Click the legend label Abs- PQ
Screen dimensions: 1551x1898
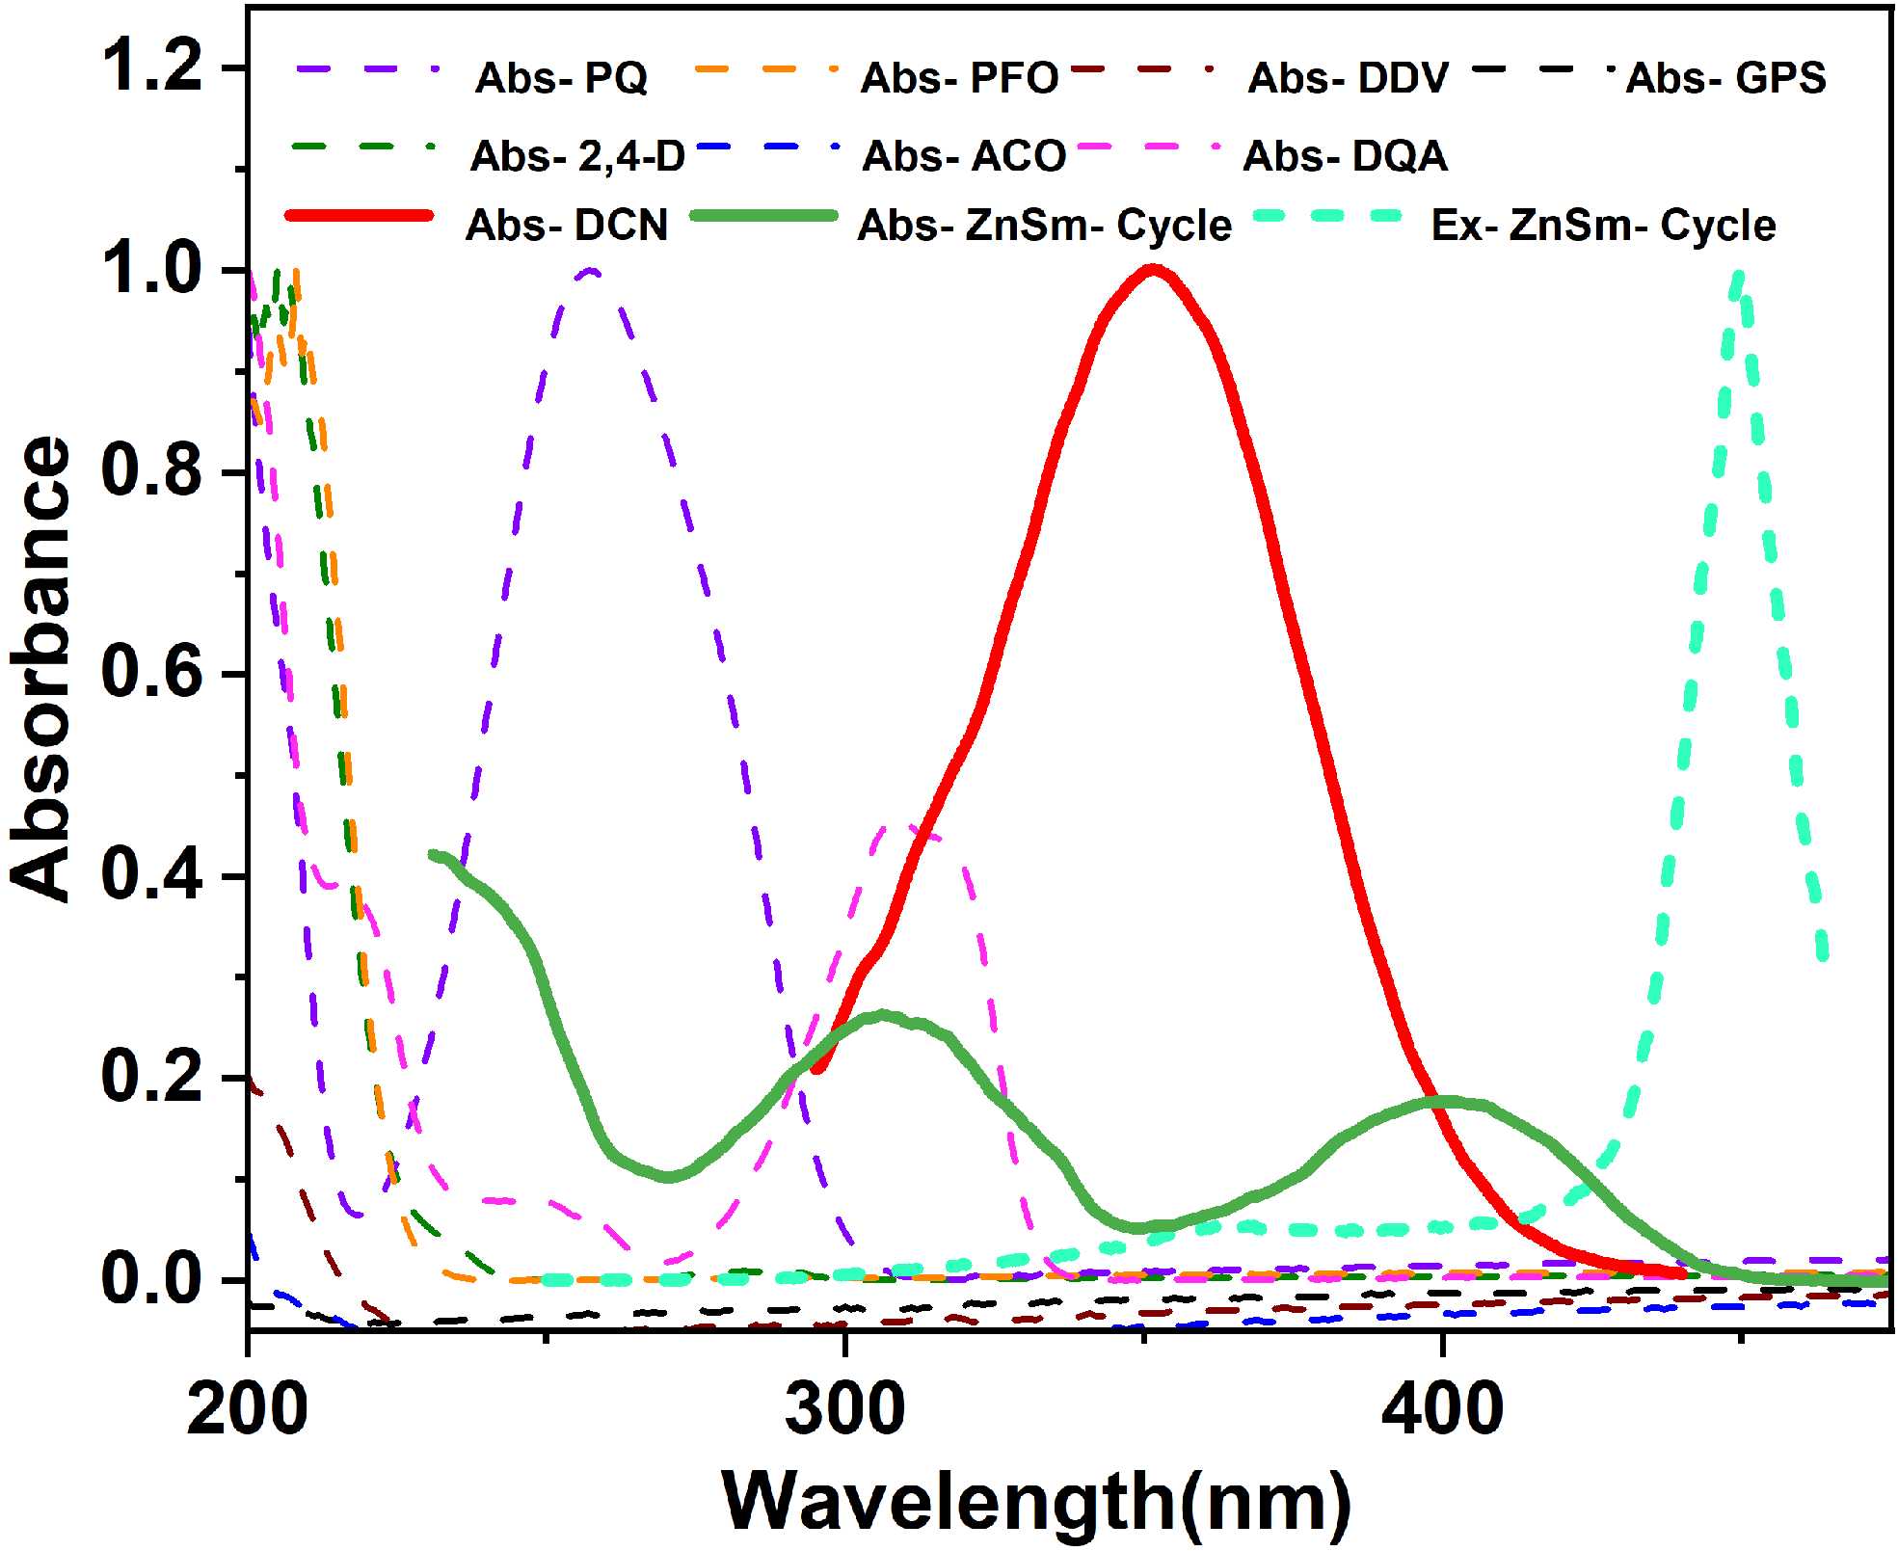click(x=561, y=78)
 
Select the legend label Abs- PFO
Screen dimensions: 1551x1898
click(x=959, y=78)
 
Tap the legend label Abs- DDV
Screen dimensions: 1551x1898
click(x=1348, y=78)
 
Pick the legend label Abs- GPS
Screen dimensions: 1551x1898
click(x=1725, y=78)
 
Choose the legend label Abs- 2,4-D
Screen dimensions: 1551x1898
click(x=577, y=156)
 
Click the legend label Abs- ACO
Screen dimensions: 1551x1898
click(x=964, y=156)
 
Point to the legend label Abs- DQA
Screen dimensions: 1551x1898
click(x=1345, y=156)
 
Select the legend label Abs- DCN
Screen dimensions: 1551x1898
click(x=567, y=226)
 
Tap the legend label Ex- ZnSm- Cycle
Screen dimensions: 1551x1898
click(x=1603, y=226)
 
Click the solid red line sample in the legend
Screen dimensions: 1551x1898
click(x=360, y=216)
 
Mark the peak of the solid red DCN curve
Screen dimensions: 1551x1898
click(x=1152, y=269)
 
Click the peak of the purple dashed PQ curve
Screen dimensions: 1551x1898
click(x=591, y=271)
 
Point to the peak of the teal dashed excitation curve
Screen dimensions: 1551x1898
click(x=1737, y=274)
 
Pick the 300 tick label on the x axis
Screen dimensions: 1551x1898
click(x=844, y=1409)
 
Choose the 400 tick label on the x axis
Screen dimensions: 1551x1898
click(x=1442, y=1409)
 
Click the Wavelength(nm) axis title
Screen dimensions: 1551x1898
click(x=1036, y=1502)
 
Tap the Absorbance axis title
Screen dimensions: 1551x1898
click(x=40, y=669)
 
